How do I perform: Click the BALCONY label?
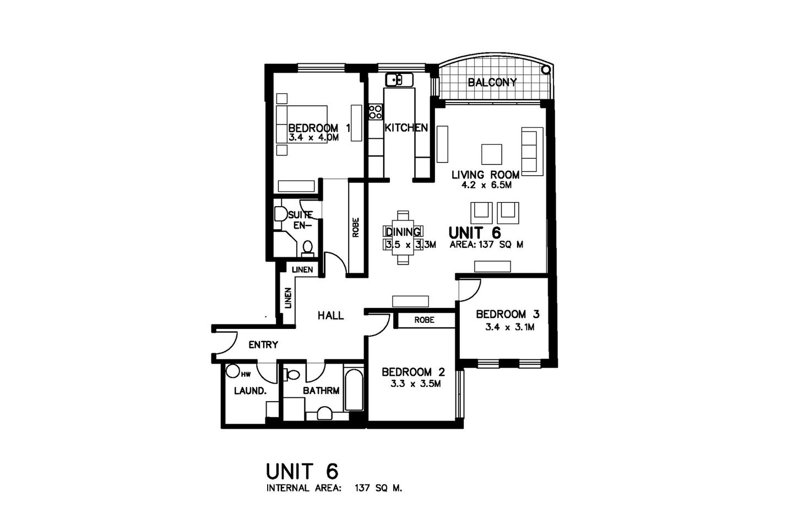point(492,83)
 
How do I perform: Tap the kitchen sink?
point(399,80)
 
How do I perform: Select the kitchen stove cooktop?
point(376,112)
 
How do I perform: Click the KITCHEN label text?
point(406,128)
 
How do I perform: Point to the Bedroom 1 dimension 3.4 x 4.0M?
point(313,138)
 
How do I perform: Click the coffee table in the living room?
point(491,154)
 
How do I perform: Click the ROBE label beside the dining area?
point(356,228)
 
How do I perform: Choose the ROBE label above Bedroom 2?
point(424,320)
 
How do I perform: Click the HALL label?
point(330,315)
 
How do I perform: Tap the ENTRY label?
point(263,345)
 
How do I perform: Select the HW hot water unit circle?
point(233,371)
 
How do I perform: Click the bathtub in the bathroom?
point(354,390)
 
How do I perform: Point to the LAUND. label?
point(251,391)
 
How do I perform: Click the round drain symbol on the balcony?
point(546,70)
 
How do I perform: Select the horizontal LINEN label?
point(302,269)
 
